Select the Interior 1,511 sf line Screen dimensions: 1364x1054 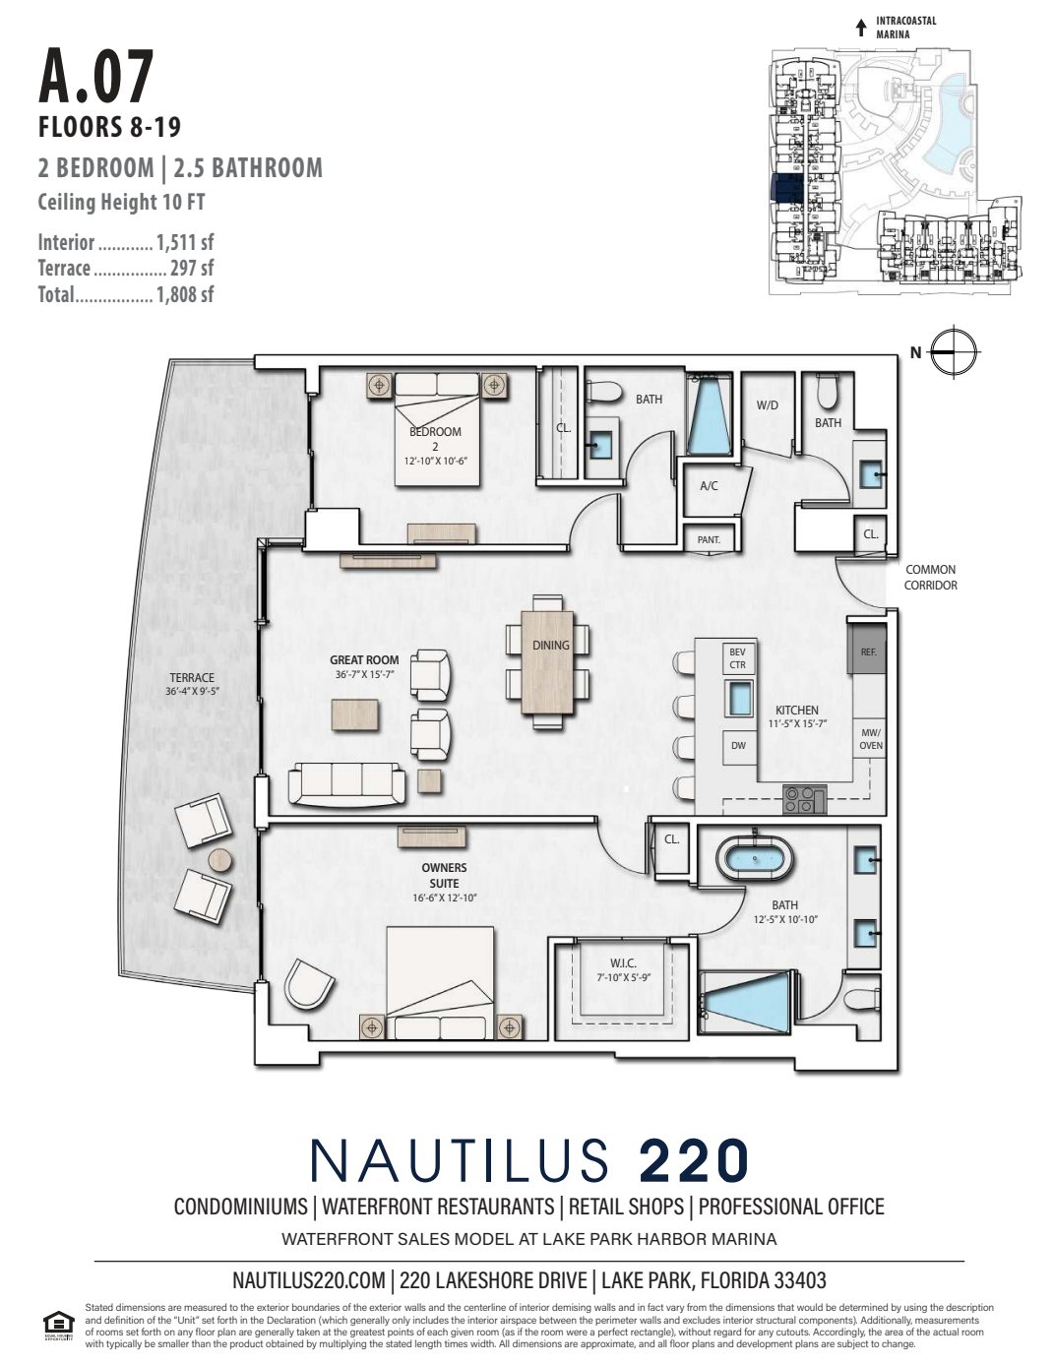point(126,242)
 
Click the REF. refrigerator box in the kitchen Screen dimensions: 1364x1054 point(867,651)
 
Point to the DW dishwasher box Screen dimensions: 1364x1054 point(738,746)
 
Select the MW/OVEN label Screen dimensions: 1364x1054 point(871,739)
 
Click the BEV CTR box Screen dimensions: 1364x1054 point(738,657)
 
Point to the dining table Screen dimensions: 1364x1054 point(550,659)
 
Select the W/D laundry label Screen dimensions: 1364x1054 point(768,404)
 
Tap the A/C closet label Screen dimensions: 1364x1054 point(709,486)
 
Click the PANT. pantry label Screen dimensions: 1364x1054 point(709,539)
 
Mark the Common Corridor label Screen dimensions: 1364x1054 point(930,577)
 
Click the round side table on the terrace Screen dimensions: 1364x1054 point(218,859)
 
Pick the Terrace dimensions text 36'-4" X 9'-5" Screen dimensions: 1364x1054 point(191,691)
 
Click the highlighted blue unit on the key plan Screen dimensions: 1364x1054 point(786,188)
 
